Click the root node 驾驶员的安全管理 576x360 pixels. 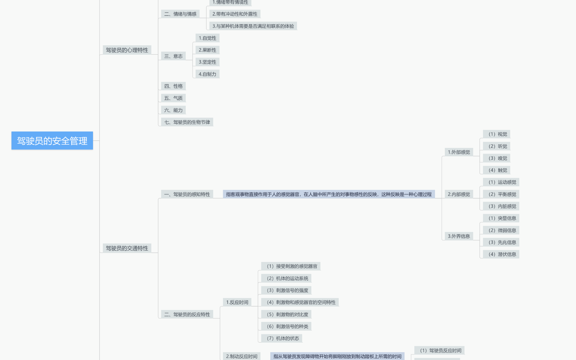tap(52, 141)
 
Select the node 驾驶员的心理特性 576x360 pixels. tap(127, 50)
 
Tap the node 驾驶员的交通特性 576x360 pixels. tap(127, 248)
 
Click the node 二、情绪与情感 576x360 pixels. tap(180, 14)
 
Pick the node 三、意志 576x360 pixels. tap(173, 56)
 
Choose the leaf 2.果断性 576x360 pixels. tap(207, 50)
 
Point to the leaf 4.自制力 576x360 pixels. tap(207, 74)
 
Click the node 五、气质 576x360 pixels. tap(173, 98)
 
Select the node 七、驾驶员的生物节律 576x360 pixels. tap(187, 122)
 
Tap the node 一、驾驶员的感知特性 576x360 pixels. tap(187, 194)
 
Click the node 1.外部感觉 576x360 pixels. tap(459, 152)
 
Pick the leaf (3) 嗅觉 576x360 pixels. tap(498, 158)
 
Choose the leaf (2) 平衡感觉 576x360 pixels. tap(502, 194)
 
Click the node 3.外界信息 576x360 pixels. tap(459, 236)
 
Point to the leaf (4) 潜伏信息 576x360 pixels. tap(502, 254)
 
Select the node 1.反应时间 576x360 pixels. tap(237, 302)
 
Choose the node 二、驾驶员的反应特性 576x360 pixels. tap(187, 314)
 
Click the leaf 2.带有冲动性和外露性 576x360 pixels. tap(235, 14)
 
